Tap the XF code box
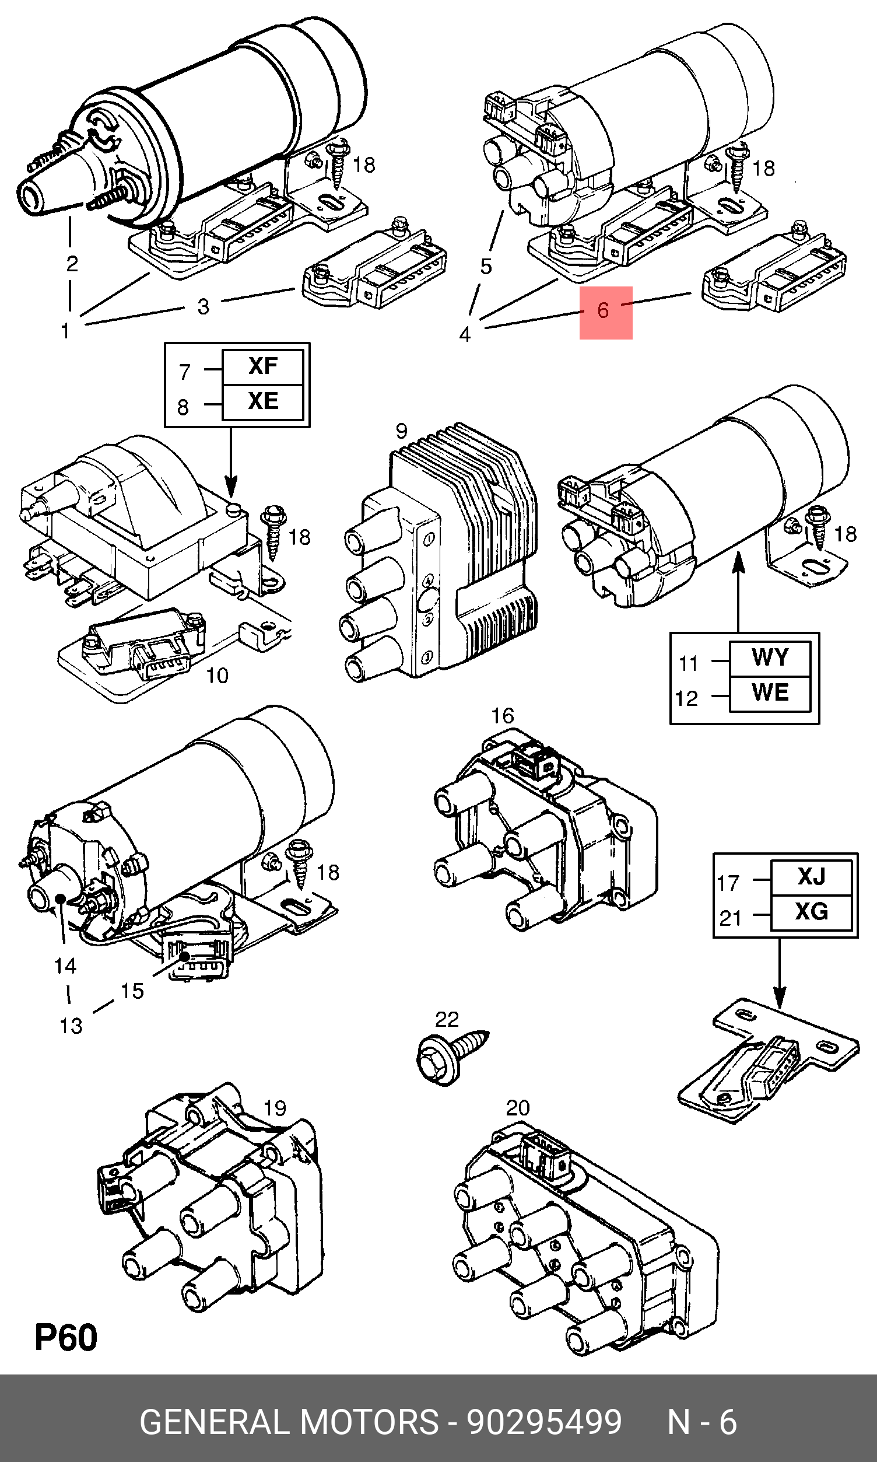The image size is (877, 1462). (x=262, y=366)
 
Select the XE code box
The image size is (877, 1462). (x=262, y=401)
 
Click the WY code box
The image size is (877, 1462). (x=770, y=657)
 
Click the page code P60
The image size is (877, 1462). (x=65, y=1338)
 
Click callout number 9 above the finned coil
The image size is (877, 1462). (x=401, y=431)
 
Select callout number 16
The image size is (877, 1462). (x=502, y=716)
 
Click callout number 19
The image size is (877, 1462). (x=275, y=1108)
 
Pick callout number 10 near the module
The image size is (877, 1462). (x=217, y=675)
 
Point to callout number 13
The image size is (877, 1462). (x=71, y=1026)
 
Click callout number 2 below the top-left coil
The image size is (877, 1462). (x=72, y=264)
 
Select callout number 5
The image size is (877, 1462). (x=486, y=267)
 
